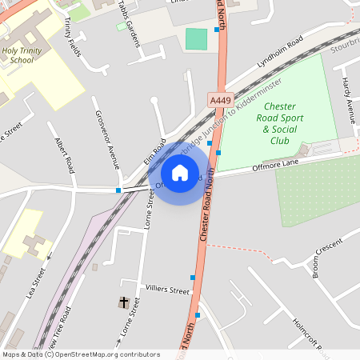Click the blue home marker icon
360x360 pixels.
pyautogui.click(x=180, y=172)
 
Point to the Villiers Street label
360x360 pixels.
pyautogui.click(x=167, y=289)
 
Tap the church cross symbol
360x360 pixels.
pyautogui.click(x=124, y=302)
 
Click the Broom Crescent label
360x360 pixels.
pyautogui.click(x=328, y=261)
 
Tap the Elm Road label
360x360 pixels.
pyautogui.click(x=155, y=153)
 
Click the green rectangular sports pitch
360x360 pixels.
pyautogui.click(x=196, y=38)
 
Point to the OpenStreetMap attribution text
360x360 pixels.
pyautogui.click(x=81, y=354)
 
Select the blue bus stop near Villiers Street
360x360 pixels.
pyautogui.click(x=193, y=278)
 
